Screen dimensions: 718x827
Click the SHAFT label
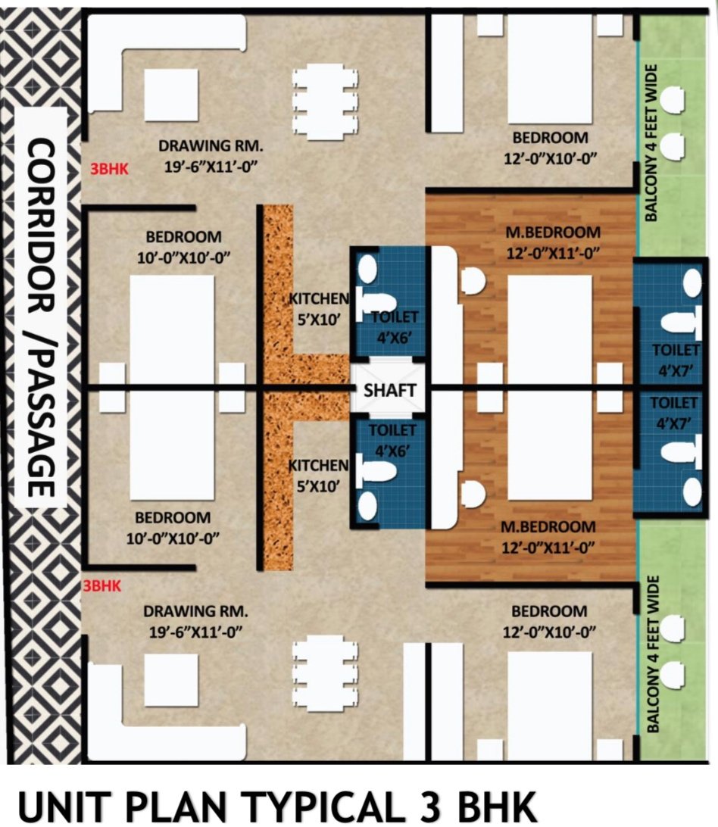[x=390, y=390]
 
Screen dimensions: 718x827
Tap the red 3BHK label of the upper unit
[x=109, y=168]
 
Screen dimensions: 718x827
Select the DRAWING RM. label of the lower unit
[x=195, y=611]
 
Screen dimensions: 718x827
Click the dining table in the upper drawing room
[x=325, y=103]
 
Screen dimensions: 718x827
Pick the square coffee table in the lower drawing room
[x=171, y=680]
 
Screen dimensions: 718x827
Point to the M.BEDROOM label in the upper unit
[x=553, y=232]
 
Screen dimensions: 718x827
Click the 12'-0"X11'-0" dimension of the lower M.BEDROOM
[x=548, y=548]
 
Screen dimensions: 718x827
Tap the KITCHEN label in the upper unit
[x=319, y=298]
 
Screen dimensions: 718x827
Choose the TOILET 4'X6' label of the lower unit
[x=392, y=440]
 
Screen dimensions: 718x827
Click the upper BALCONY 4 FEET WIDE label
[x=651, y=143]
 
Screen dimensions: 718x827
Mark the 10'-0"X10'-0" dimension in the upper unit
[x=183, y=258]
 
